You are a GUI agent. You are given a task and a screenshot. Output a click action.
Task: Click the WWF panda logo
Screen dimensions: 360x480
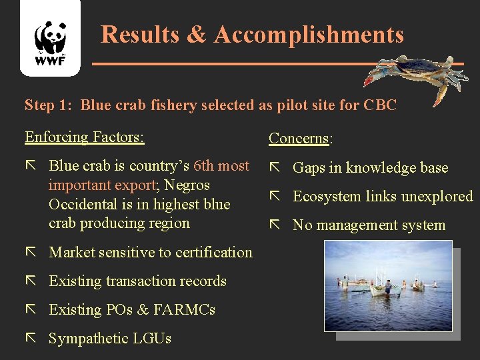(x=51, y=40)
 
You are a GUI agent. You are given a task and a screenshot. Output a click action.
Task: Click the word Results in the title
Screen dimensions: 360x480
(x=141, y=35)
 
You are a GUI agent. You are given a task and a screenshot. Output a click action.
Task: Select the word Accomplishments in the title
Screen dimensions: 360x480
(x=309, y=35)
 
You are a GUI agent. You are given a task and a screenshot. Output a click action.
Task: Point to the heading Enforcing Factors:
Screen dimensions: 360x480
(x=84, y=137)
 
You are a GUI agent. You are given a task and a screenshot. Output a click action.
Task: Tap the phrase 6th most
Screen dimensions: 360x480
(x=221, y=166)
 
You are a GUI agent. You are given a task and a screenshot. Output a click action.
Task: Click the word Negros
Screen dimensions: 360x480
(x=187, y=185)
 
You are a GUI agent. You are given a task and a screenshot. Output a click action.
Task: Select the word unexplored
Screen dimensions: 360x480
(x=435, y=197)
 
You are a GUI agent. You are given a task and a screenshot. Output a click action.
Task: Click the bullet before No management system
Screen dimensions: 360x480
(x=275, y=225)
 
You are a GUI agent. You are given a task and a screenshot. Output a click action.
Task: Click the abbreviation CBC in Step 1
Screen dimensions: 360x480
(x=381, y=105)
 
